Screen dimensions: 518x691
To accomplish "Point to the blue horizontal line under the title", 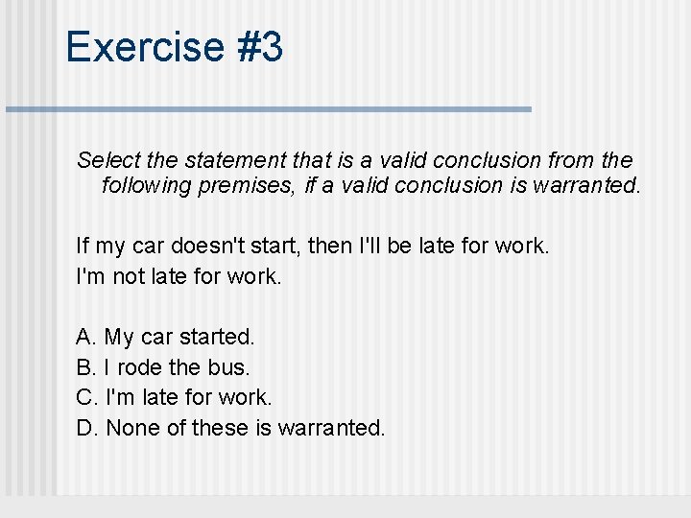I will tap(269, 109).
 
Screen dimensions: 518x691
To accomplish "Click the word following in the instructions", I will tap(147, 185).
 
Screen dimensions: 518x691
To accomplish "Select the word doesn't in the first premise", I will tap(203, 247).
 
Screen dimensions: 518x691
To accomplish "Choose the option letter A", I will tap(85, 337).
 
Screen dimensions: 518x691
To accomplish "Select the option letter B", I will tap(85, 366).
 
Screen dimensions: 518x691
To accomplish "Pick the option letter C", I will tap(85, 396).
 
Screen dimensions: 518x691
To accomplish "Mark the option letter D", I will tap(85, 427).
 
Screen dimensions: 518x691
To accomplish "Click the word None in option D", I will tap(133, 427).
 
